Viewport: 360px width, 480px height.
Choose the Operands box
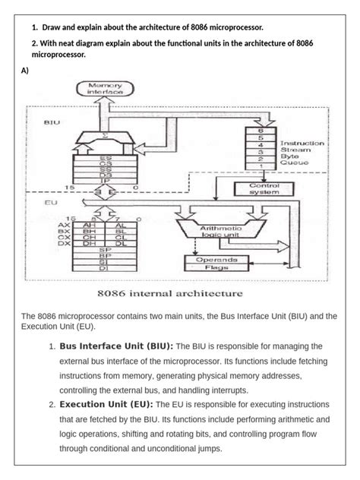click(216, 259)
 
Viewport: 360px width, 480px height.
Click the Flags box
click(216, 267)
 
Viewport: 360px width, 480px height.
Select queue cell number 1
click(262, 166)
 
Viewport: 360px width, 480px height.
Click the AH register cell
click(89, 225)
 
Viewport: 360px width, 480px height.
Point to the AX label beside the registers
click(63, 226)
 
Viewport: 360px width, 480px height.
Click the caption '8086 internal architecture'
click(169, 292)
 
